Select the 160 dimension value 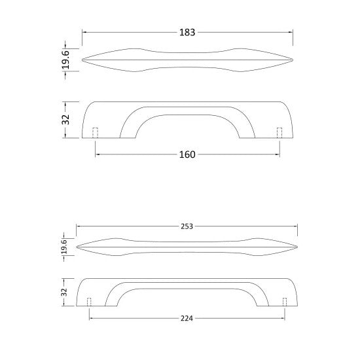point(187,154)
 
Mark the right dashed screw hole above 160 point(279,132)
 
